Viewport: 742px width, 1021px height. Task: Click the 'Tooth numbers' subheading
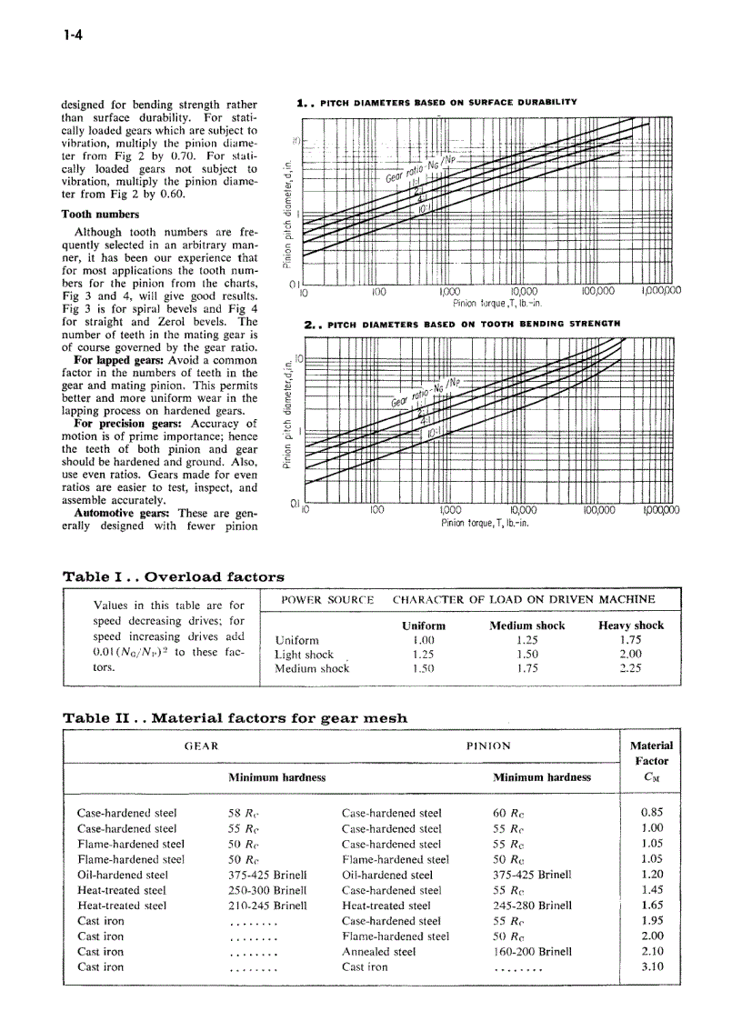pos(100,215)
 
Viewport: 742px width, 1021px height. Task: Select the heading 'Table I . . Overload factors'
pos(173,576)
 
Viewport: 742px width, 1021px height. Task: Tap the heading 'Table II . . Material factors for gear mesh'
pos(235,718)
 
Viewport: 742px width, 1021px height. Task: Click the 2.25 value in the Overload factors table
pos(630,668)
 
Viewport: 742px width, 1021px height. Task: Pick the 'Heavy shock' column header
pos(630,626)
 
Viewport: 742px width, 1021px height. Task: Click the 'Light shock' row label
pos(304,655)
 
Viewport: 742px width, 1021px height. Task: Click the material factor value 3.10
pos(652,966)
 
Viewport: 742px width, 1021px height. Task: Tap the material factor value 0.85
pos(652,813)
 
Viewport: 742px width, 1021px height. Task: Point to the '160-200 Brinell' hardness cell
pos(532,952)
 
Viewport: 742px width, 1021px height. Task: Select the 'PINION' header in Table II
pos(488,746)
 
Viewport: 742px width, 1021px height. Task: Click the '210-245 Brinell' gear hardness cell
pos(267,906)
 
